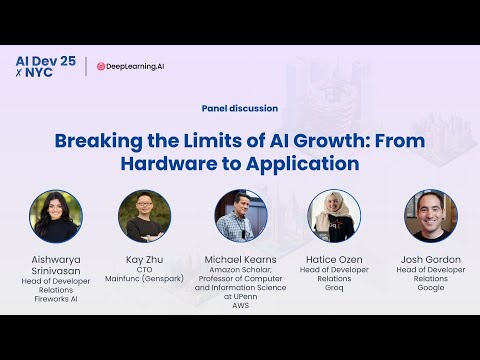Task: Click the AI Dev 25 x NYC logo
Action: [x=45, y=66]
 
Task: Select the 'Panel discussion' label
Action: [x=239, y=108]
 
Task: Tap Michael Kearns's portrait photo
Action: [x=240, y=215]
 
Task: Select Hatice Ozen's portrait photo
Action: [x=335, y=215]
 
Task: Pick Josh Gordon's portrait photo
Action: [x=430, y=215]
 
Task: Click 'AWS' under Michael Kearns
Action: [x=240, y=307]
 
